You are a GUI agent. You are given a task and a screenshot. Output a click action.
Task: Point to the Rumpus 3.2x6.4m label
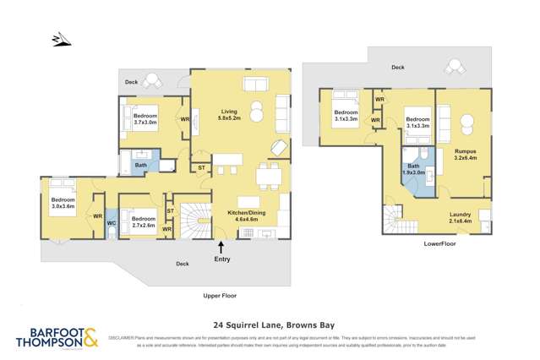click(466, 155)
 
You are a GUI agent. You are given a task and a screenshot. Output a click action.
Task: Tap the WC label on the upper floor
click(112, 223)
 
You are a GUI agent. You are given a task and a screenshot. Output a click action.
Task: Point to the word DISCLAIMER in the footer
click(124, 336)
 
